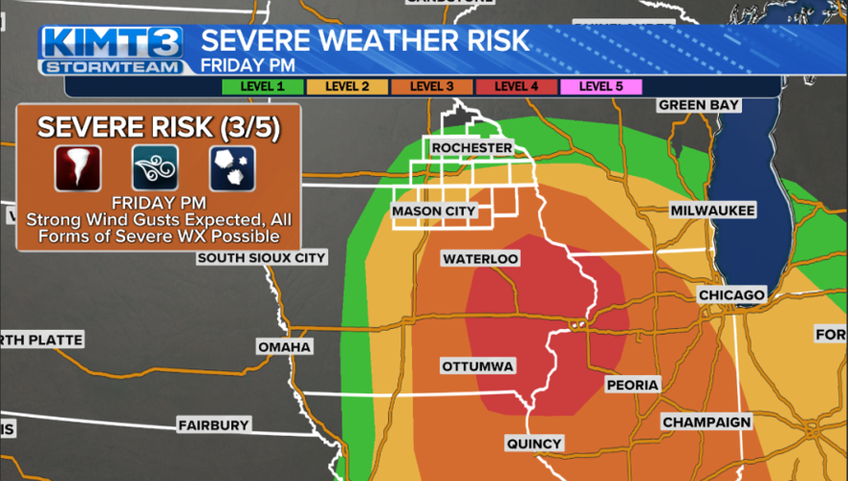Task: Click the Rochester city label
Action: [472, 147]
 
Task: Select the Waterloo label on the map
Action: [480, 259]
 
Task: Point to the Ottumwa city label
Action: [477, 367]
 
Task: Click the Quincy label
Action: [533, 443]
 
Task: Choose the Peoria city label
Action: [632, 385]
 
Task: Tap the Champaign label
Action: [706, 422]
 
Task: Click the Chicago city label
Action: [732, 294]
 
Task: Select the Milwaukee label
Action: [712, 210]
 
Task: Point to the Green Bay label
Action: [698, 105]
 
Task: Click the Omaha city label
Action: [284, 346]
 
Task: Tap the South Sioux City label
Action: [261, 258]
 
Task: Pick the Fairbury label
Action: [213, 424]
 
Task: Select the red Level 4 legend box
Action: [516, 86]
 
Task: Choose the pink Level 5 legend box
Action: [600, 86]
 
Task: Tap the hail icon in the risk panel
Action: [232, 167]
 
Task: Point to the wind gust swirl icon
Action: [155, 167]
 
